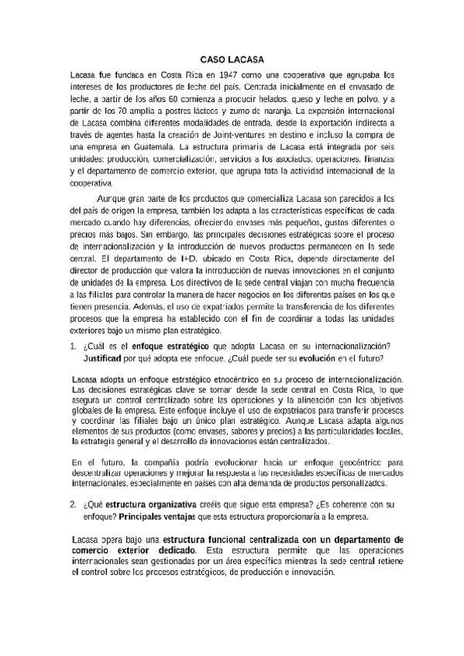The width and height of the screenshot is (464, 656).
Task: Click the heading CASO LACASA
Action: (232, 59)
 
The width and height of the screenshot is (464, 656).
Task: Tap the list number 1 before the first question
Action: (73, 345)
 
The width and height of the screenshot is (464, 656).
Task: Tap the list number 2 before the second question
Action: (73, 504)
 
